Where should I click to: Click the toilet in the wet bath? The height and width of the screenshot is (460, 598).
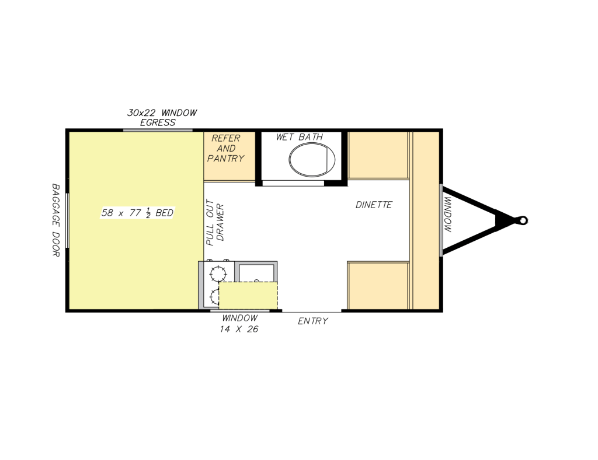pyautogui.click(x=312, y=160)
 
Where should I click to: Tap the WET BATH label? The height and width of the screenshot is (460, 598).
pyautogui.click(x=300, y=137)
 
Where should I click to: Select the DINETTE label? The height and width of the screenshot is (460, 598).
pyautogui.click(x=374, y=205)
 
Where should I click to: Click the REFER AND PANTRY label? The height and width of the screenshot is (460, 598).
pyautogui.click(x=226, y=148)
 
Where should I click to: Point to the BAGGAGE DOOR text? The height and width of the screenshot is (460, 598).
pyautogui.click(x=55, y=220)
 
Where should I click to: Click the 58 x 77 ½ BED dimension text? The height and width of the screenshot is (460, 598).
pyautogui.click(x=137, y=213)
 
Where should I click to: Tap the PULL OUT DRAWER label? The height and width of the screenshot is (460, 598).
pyautogui.click(x=215, y=222)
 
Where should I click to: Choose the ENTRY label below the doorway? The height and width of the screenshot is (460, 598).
pyautogui.click(x=313, y=321)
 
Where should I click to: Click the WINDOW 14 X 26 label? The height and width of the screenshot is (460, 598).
pyautogui.click(x=239, y=324)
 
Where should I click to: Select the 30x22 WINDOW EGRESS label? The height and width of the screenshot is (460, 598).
pyautogui.click(x=162, y=118)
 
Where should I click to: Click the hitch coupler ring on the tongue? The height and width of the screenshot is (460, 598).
pyautogui.click(x=523, y=220)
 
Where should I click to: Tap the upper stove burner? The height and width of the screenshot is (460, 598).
pyautogui.click(x=218, y=273)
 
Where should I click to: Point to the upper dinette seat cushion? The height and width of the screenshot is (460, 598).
pyautogui.click(x=378, y=155)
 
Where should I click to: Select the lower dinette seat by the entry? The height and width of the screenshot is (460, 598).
pyautogui.click(x=378, y=286)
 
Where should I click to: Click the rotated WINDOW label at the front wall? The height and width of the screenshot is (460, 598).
pyautogui.click(x=448, y=215)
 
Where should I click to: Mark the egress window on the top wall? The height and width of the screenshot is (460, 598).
pyautogui.click(x=158, y=130)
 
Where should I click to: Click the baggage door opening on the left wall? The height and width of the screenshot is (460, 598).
pyautogui.click(x=68, y=220)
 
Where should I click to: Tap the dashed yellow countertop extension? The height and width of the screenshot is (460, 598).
pyautogui.click(x=248, y=296)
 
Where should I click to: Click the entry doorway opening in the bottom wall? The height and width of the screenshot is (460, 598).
pyautogui.click(x=312, y=311)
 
